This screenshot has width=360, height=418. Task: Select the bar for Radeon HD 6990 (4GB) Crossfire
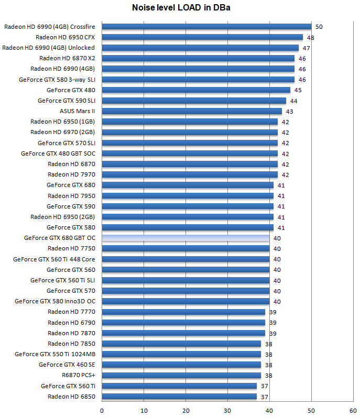click(206, 27)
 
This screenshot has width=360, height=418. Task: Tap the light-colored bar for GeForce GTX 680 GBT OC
click(186, 238)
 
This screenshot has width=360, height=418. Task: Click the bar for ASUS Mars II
click(192, 111)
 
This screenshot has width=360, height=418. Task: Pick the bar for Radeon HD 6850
click(179, 397)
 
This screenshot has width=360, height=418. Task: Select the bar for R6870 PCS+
click(181, 376)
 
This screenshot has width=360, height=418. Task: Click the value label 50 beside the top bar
click(319, 27)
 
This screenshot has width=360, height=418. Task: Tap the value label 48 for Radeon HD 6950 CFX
click(311, 37)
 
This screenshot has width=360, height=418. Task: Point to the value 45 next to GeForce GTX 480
click(298, 90)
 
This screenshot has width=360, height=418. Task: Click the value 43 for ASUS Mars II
click(290, 111)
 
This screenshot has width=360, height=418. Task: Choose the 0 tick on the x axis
click(102, 411)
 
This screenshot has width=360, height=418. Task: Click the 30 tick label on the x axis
click(227, 411)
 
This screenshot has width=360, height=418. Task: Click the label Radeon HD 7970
click(71, 174)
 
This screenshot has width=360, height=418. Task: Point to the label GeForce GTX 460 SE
click(67, 365)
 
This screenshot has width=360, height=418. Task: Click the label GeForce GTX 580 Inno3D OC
click(55, 301)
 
